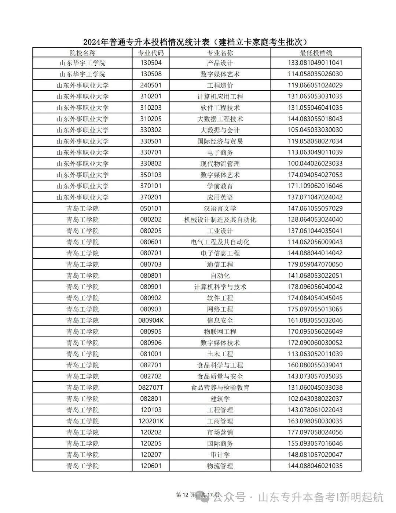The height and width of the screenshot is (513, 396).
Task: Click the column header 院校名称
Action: click(x=82, y=53)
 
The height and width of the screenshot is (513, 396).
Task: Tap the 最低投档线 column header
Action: click(x=315, y=53)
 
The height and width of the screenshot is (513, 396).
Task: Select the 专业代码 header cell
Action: click(x=151, y=53)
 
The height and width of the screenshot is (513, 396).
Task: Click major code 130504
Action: click(x=151, y=63)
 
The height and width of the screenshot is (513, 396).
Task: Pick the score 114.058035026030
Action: click(x=315, y=74)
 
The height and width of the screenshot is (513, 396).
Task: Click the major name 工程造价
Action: click(x=220, y=85)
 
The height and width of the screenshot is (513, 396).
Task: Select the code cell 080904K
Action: click(x=151, y=320)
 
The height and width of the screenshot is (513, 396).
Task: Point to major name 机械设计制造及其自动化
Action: click(x=220, y=219)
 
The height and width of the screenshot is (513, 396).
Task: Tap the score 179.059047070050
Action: click(x=315, y=264)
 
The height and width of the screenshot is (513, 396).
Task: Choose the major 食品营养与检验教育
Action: click(x=220, y=388)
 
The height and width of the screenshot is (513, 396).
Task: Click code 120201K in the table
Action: click(x=151, y=421)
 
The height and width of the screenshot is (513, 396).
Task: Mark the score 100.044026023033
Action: click(x=315, y=164)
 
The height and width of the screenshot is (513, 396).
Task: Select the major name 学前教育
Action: click(x=220, y=186)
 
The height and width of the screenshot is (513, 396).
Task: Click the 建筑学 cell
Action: click(x=220, y=399)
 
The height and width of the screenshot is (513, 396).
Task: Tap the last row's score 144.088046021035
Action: click(x=315, y=466)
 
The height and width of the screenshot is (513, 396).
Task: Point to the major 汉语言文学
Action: click(x=220, y=208)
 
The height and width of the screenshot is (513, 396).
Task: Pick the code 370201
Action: click(x=151, y=197)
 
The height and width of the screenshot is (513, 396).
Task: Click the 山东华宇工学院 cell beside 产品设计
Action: click(x=82, y=63)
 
